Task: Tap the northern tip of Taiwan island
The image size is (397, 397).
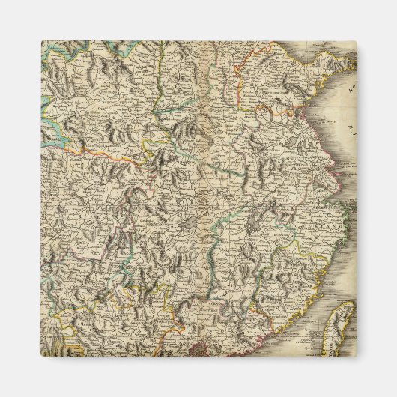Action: point(351,303)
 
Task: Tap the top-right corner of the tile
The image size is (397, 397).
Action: point(355,42)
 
